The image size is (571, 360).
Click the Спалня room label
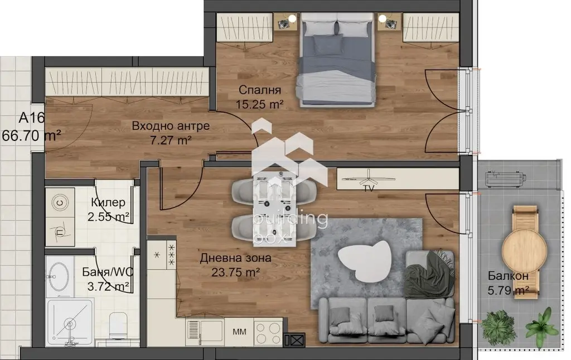[x=260, y=90]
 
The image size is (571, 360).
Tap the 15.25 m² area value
[x=260, y=104]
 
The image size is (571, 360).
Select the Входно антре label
[x=171, y=126]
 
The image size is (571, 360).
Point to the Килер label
[x=108, y=202]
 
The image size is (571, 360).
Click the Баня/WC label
[x=108, y=272]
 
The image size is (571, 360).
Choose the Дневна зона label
[x=236, y=258]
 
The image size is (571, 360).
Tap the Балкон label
[x=508, y=276]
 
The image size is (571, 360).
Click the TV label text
[x=369, y=189]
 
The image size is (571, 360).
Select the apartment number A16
[x=32, y=118]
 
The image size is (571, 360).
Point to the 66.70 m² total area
[x=31, y=136]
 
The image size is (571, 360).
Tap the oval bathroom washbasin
[x=59, y=276]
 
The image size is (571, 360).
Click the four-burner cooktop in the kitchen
[x=268, y=333]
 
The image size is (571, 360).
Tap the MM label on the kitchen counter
[x=239, y=332]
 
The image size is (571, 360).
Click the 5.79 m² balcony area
[x=509, y=291]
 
